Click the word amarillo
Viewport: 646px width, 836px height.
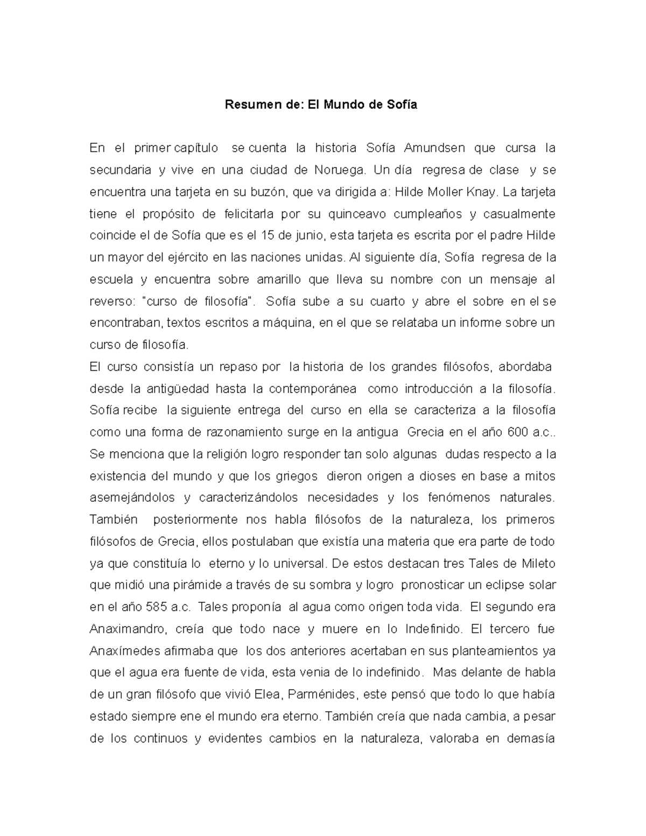(270, 279)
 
